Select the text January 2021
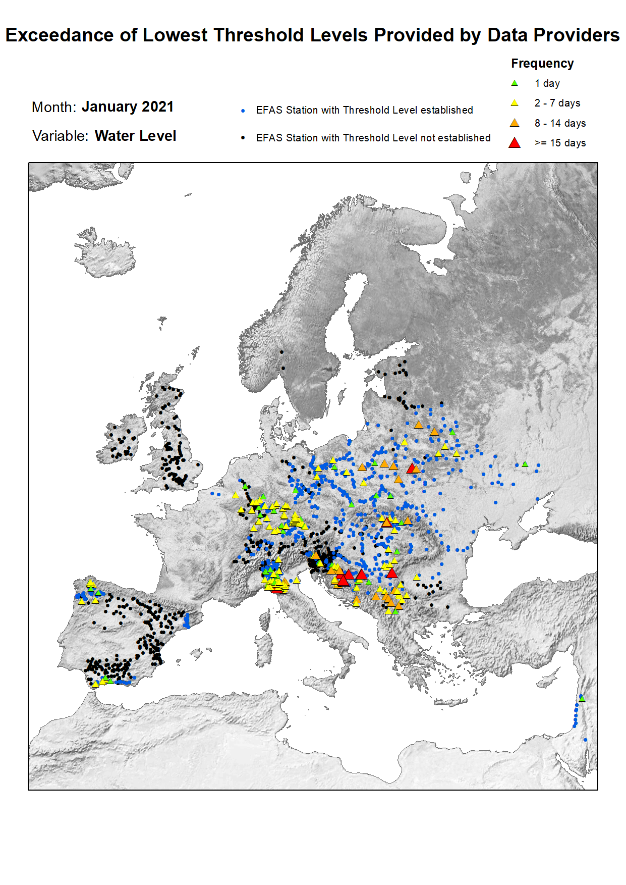(127, 107)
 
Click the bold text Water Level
(135, 136)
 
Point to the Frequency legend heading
(542, 64)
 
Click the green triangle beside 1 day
(515, 83)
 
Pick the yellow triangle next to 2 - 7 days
(515, 103)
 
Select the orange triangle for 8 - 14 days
(515, 123)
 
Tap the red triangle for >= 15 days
(515, 143)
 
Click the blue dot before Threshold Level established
(243, 111)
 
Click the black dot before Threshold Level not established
(243, 138)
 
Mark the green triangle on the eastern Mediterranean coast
(582, 699)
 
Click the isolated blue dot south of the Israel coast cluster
(585, 740)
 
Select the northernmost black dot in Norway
(281, 352)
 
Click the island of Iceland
(106, 255)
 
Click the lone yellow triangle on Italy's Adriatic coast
(297, 580)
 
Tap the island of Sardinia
(263, 651)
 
